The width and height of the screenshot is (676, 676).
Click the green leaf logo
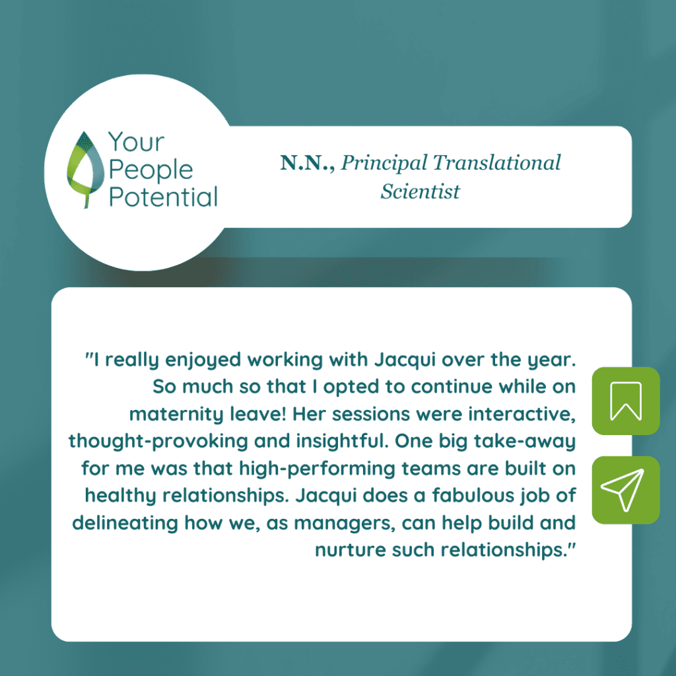[x=85, y=170]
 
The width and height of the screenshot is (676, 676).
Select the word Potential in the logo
[x=163, y=197]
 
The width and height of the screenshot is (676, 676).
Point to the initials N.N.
[x=307, y=163]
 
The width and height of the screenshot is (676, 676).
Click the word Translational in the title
[x=496, y=162]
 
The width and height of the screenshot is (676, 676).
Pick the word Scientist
[x=421, y=191]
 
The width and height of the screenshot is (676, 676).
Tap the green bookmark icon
[x=626, y=401]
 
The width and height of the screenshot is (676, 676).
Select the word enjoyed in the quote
[x=203, y=360]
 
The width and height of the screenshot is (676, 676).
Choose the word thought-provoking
[x=158, y=442]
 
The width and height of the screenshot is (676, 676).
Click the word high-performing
[x=318, y=469]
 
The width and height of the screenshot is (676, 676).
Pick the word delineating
[x=125, y=524]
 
